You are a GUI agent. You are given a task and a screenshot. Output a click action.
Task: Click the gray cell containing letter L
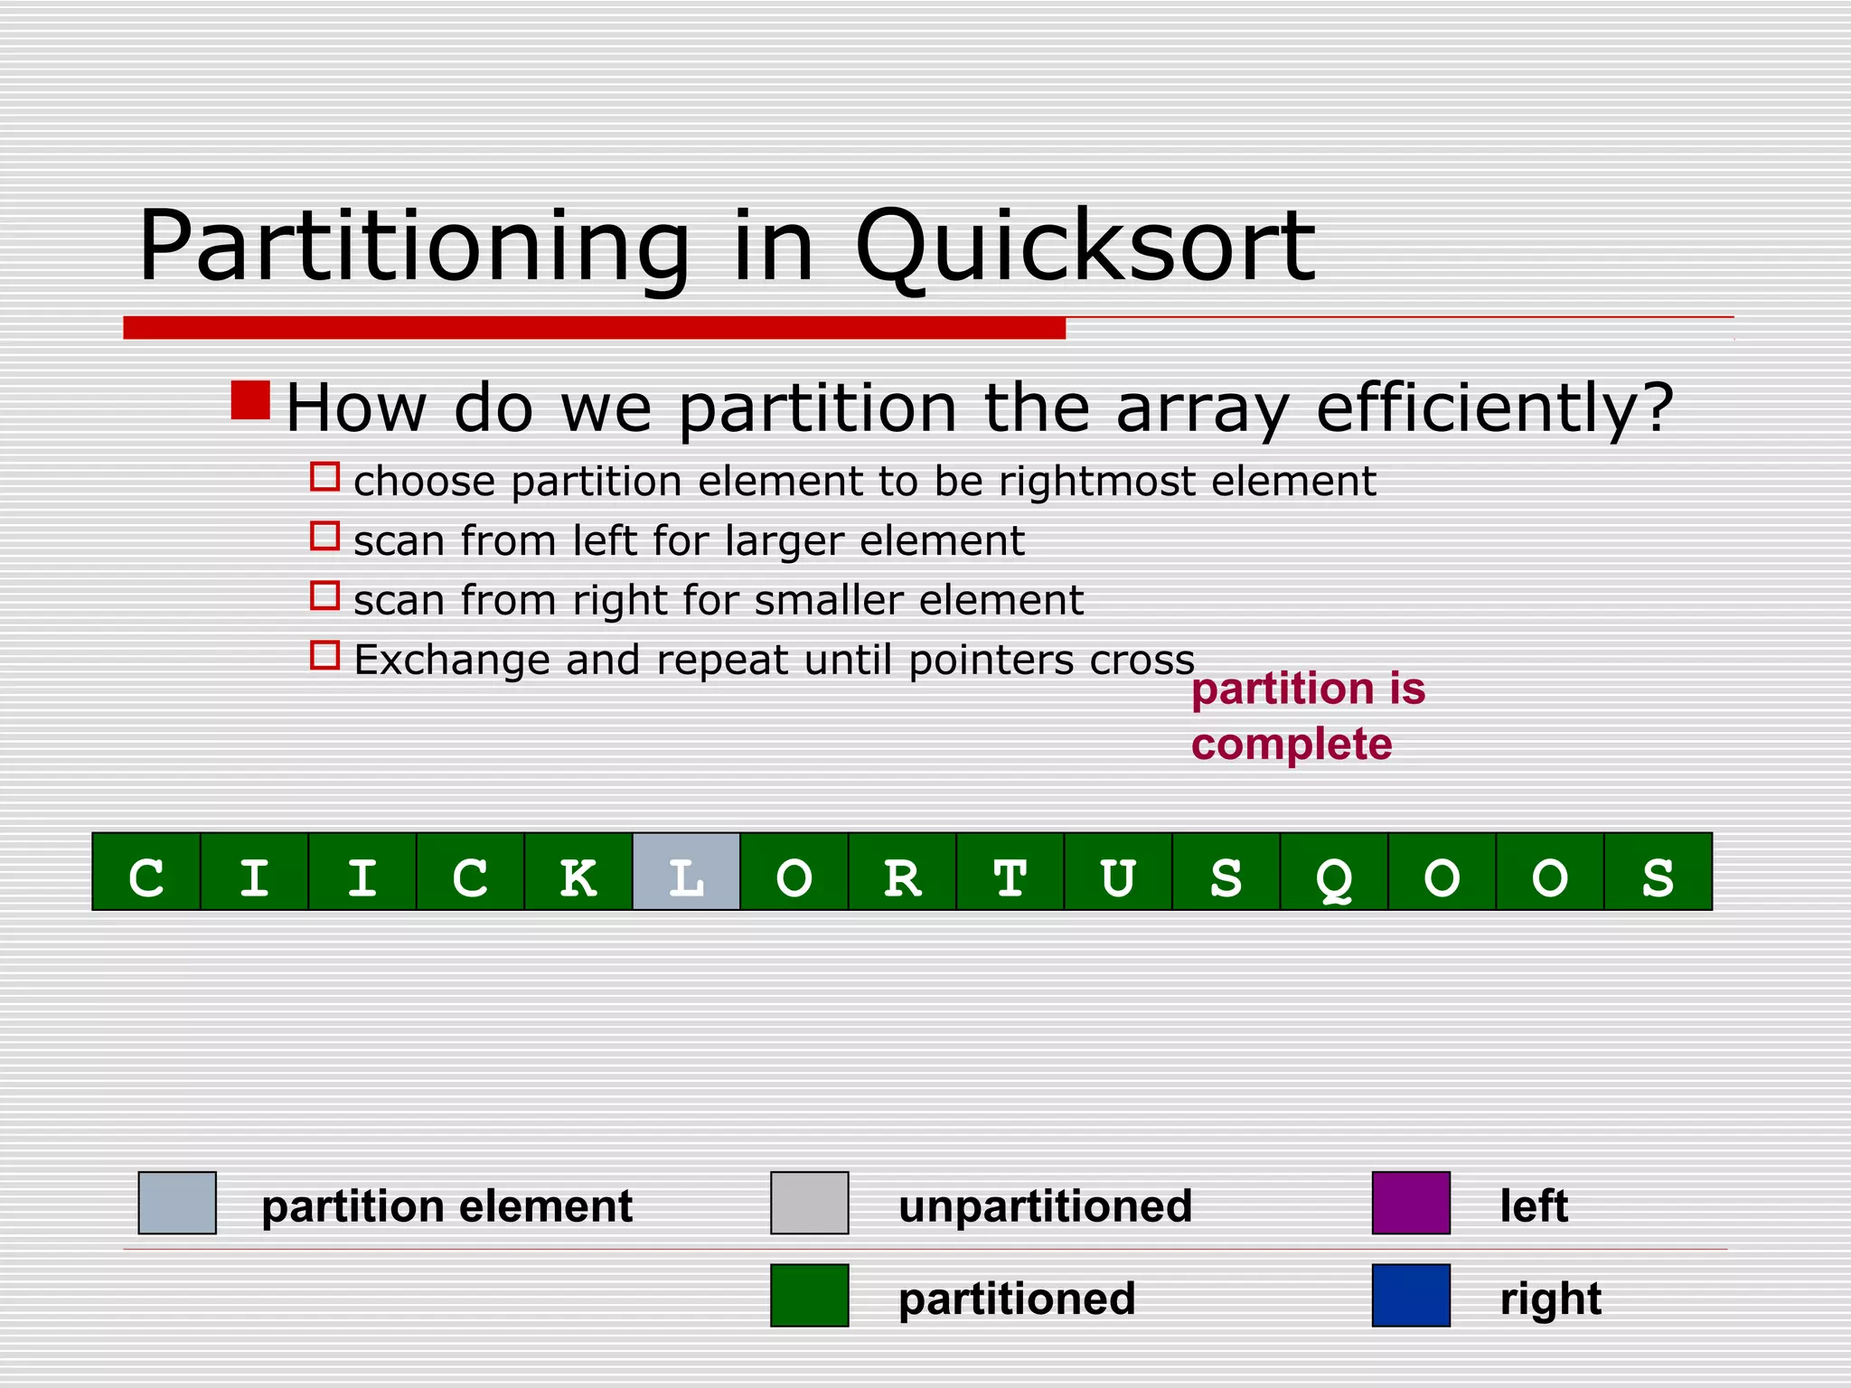[686, 871]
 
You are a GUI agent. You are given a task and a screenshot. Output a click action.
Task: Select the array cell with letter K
[578, 871]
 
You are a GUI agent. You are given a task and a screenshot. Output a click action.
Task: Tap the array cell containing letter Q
[1334, 871]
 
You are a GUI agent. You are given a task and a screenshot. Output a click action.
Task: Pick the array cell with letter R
[902, 871]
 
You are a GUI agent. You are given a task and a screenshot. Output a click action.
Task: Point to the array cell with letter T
[1010, 871]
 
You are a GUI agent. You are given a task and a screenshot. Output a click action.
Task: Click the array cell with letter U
[1118, 871]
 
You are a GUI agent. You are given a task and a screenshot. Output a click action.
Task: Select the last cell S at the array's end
[1658, 871]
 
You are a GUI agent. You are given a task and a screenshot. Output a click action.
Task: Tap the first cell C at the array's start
[146, 871]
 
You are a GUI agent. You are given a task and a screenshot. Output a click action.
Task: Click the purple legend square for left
[1411, 1203]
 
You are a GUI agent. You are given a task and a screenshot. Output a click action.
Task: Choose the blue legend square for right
[1411, 1295]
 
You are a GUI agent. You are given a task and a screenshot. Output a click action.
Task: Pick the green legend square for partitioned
[809, 1295]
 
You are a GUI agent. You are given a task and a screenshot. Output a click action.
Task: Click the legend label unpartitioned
[1045, 1206]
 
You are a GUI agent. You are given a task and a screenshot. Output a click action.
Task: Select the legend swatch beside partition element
[177, 1203]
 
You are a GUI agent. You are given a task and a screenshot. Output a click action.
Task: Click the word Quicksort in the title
[1084, 248]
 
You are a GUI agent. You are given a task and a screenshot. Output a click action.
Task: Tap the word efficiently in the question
[1494, 408]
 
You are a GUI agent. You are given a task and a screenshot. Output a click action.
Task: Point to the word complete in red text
[1291, 745]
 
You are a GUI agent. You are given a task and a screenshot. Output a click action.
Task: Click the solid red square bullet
[250, 400]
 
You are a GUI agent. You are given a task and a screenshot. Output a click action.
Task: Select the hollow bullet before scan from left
[324, 536]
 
